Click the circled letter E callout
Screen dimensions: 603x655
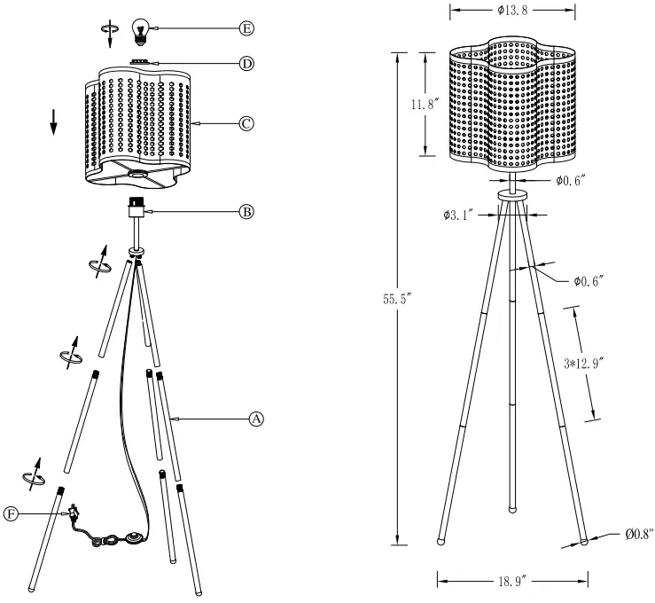tap(246, 28)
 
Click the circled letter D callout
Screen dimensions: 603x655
tap(246, 63)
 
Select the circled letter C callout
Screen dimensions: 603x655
tap(246, 125)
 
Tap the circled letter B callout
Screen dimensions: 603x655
tap(246, 212)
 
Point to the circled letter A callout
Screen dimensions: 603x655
tap(256, 418)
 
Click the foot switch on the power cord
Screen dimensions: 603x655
tap(135, 537)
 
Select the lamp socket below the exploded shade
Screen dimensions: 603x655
tap(136, 208)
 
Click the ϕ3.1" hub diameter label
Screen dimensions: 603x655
tap(459, 214)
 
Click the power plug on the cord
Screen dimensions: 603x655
tap(72, 512)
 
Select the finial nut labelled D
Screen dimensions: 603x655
tap(139, 62)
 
